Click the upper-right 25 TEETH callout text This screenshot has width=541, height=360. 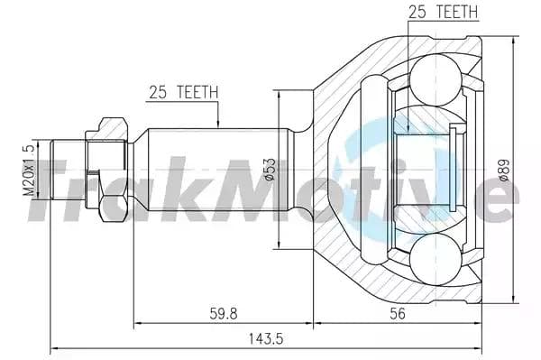[x=443, y=12]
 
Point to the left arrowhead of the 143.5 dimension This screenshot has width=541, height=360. [x=55, y=347]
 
